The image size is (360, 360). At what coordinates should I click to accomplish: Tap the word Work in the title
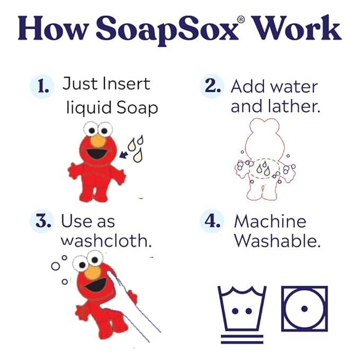300,30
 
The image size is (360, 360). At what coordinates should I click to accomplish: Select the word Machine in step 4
270,221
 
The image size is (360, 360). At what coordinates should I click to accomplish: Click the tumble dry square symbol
304,309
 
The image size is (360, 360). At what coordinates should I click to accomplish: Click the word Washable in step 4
277,241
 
